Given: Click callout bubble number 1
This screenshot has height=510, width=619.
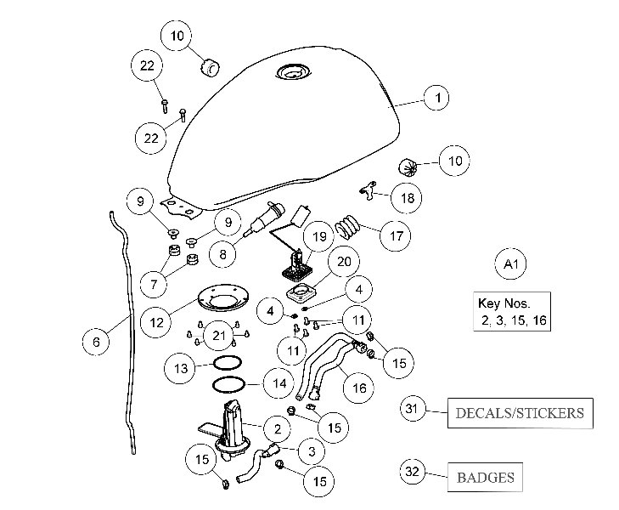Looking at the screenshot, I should (437, 99).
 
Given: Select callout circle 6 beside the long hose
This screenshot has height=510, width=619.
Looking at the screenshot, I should (96, 342).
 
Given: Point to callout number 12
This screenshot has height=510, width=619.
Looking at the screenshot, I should (156, 322).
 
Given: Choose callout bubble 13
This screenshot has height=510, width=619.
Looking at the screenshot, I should (180, 369).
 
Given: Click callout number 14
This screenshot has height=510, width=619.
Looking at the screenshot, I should (279, 384).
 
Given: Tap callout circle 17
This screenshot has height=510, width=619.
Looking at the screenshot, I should (395, 235).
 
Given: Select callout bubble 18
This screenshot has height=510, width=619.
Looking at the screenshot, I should (408, 198).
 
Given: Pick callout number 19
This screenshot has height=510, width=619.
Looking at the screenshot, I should (319, 235).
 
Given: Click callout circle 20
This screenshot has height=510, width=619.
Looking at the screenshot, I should (344, 262).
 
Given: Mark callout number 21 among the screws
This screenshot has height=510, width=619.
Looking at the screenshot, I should (221, 337).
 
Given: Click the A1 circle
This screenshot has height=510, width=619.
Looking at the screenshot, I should (511, 265).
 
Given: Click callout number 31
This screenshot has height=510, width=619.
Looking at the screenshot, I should (413, 411).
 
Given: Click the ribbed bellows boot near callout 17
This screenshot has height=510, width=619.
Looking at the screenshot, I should (346, 225).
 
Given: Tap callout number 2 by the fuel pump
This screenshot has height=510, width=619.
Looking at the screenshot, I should (277, 427).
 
